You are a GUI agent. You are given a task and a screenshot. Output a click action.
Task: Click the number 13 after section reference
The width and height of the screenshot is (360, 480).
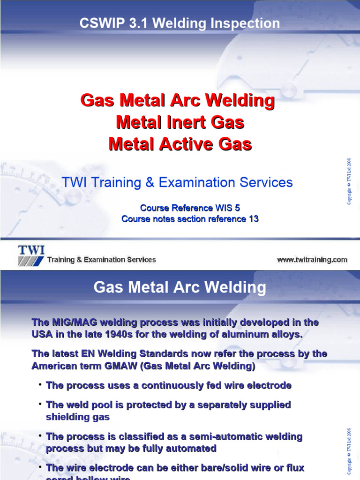click(x=253, y=219)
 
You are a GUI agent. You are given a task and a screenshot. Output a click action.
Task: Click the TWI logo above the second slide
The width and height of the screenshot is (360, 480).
click(x=31, y=255)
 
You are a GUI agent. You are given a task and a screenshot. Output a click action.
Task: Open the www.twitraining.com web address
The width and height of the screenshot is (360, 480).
click(x=312, y=259)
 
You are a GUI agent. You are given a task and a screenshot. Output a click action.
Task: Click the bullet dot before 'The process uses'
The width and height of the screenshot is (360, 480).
click(x=41, y=384)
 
